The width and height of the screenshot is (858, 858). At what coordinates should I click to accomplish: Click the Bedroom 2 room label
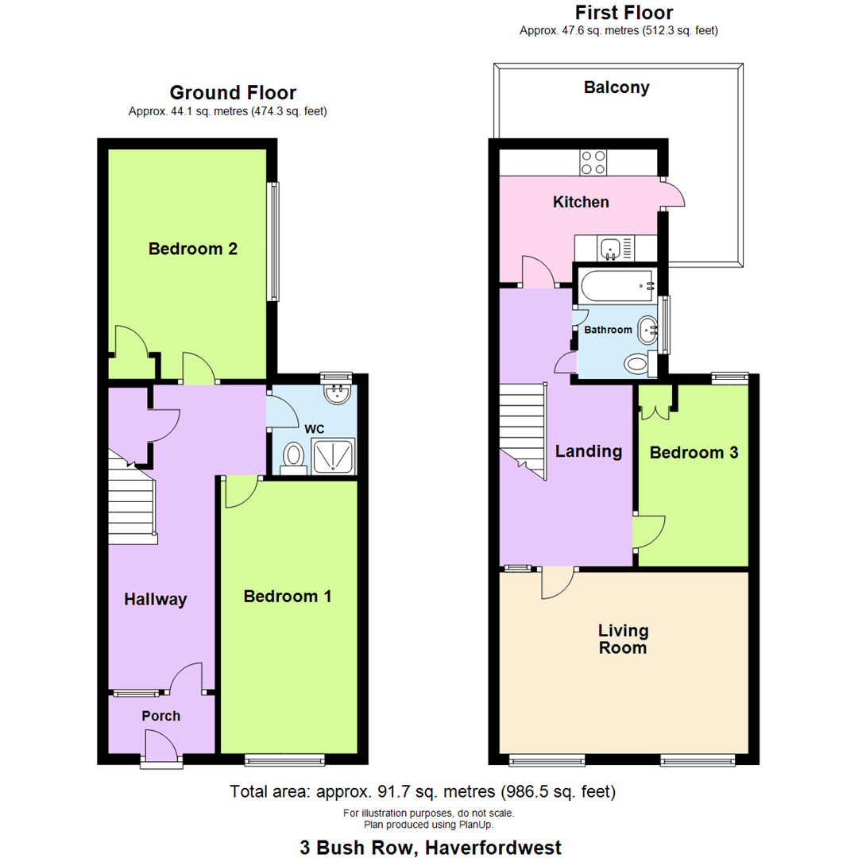pyautogui.click(x=193, y=249)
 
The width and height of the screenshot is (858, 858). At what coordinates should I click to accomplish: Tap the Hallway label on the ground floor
pyautogui.click(x=155, y=600)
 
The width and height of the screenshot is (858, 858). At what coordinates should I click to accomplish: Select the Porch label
pyautogui.click(x=161, y=716)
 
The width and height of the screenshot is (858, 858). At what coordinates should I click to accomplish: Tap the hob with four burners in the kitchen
pyautogui.click(x=593, y=162)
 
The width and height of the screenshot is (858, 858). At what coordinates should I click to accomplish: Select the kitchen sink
pyautogui.click(x=610, y=249)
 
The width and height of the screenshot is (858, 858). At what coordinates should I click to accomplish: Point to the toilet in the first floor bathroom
pyautogui.click(x=639, y=365)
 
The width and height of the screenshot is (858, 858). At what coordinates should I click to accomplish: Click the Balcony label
pyautogui.click(x=616, y=87)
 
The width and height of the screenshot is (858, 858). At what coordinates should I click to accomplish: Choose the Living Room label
pyautogui.click(x=624, y=639)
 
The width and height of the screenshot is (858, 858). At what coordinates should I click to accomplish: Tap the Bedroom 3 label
pyautogui.click(x=694, y=453)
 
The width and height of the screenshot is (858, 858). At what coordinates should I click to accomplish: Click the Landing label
pyautogui.click(x=588, y=451)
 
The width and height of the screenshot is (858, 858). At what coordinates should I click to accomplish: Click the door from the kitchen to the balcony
pyautogui.click(x=673, y=195)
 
